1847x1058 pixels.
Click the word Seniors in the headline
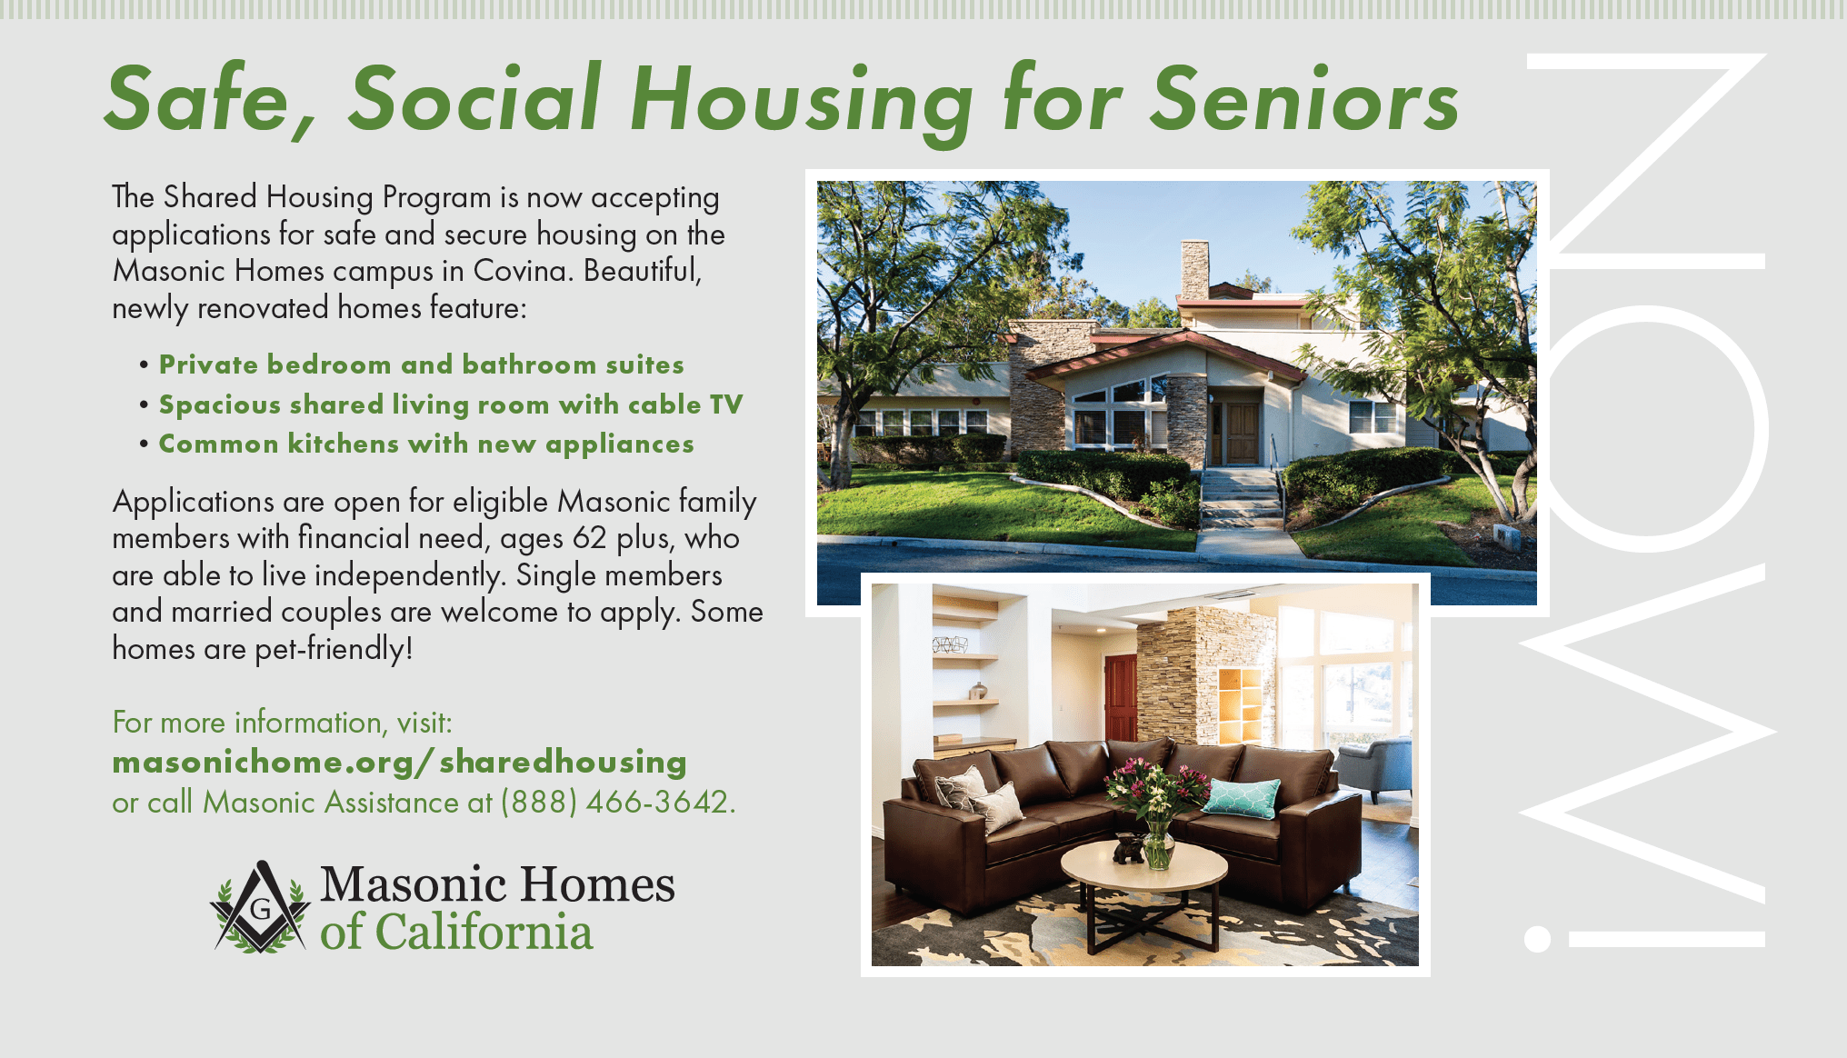click(x=1304, y=99)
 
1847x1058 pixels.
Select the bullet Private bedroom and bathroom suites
click(x=421, y=364)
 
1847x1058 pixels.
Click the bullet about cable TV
click(x=450, y=404)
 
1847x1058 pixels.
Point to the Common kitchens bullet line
click(x=426, y=444)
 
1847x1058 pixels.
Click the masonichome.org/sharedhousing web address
click(x=399, y=763)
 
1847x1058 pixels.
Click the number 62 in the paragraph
click(x=589, y=538)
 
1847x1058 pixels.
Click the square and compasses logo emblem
click(x=260, y=907)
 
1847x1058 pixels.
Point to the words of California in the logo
click(x=456, y=933)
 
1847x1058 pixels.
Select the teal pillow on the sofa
click(x=1241, y=797)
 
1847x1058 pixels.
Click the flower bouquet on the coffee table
click(x=1156, y=800)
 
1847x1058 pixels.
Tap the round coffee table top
click(x=1144, y=864)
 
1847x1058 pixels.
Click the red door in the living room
click(x=1121, y=697)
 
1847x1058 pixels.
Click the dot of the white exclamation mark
click(x=1537, y=939)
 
